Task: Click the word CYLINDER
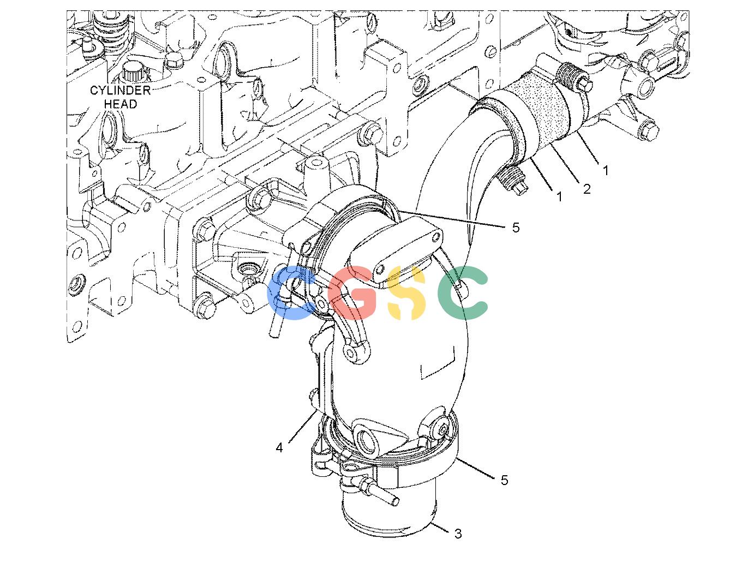pyautogui.click(x=121, y=91)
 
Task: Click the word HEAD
pyautogui.click(x=121, y=104)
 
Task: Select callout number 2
pyautogui.click(x=587, y=189)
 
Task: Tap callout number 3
pyautogui.click(x=458, y=534)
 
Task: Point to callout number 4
pyautogui.click(x=279, y=447)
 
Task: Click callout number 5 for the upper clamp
pyautogui.click(x=516, y=228)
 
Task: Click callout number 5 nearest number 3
pyautogui.click(x=504, y=480)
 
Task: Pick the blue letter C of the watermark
pyautogui.click(x=291, y=292)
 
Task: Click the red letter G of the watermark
pyautogui.click(x=353, y=292)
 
